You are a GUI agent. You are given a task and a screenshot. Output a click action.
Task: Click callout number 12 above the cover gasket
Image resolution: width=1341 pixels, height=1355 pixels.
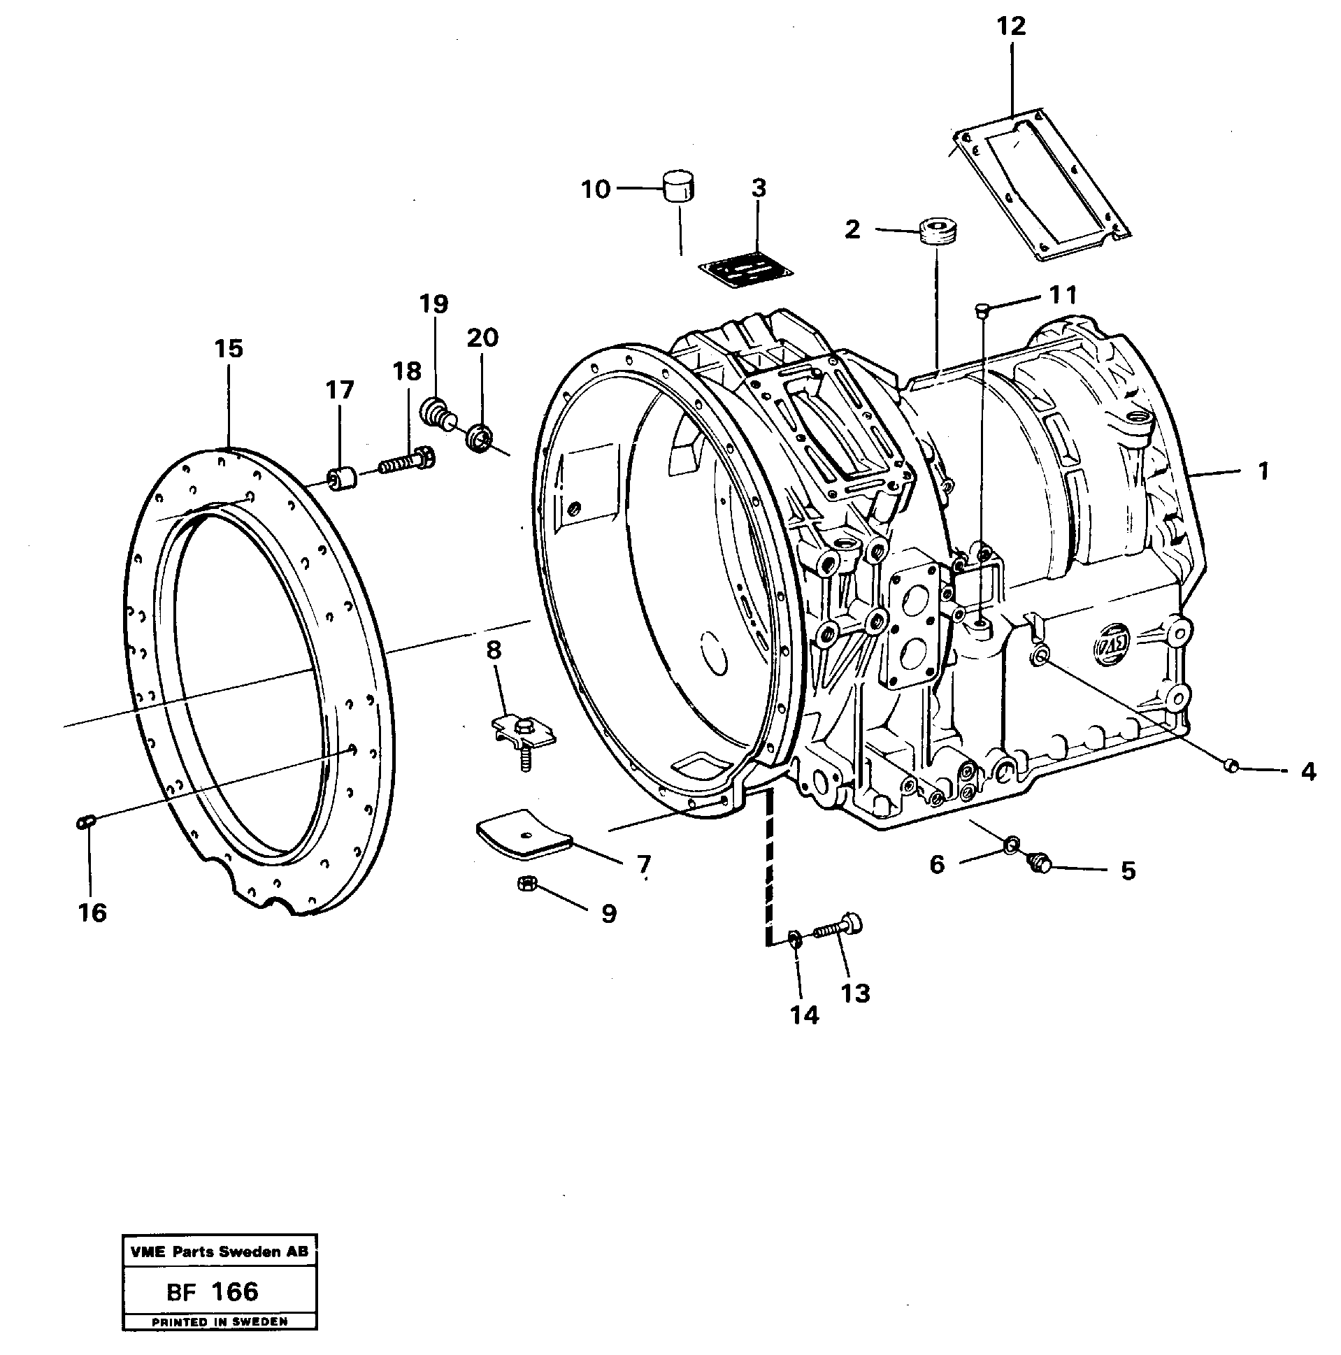click(x=1011, y=27)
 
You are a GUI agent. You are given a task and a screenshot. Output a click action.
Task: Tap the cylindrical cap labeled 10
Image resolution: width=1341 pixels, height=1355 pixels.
click(x=677, y=185)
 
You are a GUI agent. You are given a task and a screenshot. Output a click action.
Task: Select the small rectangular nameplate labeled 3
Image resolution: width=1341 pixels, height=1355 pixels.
click(x=745, y=271)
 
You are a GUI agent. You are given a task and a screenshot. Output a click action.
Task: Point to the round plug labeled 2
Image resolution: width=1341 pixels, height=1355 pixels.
click(x=938, y=232)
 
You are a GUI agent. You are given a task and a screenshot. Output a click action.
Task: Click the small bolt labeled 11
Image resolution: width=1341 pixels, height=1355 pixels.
click(x=982, y=309)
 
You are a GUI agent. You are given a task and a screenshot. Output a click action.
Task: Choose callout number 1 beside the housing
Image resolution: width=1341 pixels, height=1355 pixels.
click(x=1263, y=471)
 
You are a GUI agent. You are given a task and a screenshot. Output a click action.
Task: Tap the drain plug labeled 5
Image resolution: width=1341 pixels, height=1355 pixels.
click(x=1038, y=864)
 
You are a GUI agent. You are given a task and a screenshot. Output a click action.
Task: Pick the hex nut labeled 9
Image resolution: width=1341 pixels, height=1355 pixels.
click(x=524, y=885)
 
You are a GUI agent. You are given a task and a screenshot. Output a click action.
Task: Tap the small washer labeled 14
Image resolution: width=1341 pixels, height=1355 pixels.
click(x=795, y=938)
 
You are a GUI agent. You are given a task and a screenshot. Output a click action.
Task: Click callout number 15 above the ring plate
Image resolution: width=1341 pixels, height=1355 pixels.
click(x=229, y=349)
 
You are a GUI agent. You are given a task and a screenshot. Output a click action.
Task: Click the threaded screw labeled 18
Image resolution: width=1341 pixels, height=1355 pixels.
click(x=408, y=462)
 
